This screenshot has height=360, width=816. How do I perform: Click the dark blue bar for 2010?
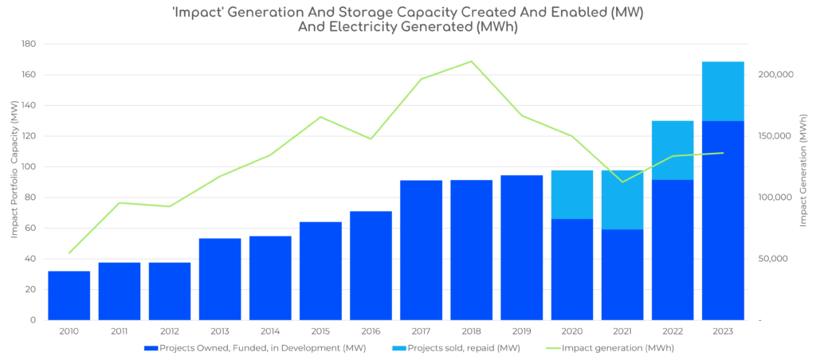pos(69,295)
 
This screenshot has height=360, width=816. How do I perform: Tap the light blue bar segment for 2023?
pos(723,91)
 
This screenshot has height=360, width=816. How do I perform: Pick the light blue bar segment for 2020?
pos(571,194)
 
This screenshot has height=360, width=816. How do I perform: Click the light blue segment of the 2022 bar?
pos(673,150)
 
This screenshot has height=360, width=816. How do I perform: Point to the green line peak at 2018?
pos(471,61)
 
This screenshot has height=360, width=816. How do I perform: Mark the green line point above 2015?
pos(320,116)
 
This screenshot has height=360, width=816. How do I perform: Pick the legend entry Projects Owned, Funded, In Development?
pos(248,348)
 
